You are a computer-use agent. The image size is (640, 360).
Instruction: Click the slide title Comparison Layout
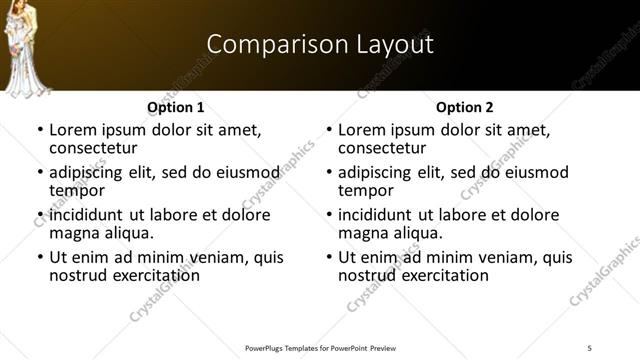click(x=320, y=44)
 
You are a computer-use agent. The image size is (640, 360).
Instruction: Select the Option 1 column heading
click(x=176, y=107)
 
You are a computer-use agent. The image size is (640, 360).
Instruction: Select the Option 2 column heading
click(x=465, y=107)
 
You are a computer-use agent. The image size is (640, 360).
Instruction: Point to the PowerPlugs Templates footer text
click(x=320, y=349)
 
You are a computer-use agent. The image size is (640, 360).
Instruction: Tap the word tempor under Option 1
click(x=77, y=190)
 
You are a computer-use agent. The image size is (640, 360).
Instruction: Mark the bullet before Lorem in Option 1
click(x=39, y=131)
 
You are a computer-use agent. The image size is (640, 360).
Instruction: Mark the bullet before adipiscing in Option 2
click(x=328, y=173)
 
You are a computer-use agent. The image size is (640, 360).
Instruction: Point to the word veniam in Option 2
click(x=492, y=257)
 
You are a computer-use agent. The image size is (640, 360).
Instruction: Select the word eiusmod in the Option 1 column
click(x=238, y=172)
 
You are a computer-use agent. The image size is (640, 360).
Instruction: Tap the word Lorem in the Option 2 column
click(x=363, y=130)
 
